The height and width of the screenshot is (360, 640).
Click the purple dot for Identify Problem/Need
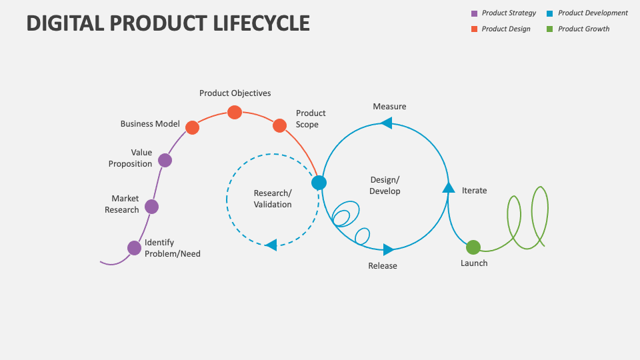(x=135, y=248)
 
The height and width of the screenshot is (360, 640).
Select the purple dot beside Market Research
(x=152, y=207)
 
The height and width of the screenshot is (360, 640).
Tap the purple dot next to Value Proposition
(x=165, y=160)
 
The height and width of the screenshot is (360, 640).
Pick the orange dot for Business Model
(x=192, y=127)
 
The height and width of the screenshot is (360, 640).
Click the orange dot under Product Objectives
(x=235, y=112)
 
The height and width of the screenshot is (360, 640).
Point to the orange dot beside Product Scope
(x=279, y=125)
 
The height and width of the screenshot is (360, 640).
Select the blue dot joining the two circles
(x=319, y=183)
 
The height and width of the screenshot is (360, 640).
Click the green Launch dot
(x=473, y=247)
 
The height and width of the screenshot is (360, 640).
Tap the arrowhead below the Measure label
(x=386, y=123)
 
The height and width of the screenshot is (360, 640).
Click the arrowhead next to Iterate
(x=449, y=187)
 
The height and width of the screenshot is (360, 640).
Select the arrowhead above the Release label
(x=388, y=250)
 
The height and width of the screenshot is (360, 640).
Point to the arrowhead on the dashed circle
(x=271, y=245)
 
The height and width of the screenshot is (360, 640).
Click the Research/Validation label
(x=273, y=199)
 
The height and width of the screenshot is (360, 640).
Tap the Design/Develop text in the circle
(x=385, y=185)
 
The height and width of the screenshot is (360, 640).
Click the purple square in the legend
(x=475, y=13)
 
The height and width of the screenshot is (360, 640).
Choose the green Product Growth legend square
(x=550, y=29)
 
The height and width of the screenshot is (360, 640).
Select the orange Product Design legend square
(x=475, y=29)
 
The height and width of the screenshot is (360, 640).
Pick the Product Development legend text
(x=593, y=13)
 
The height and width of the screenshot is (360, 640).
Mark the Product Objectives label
(x=235, y=93)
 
